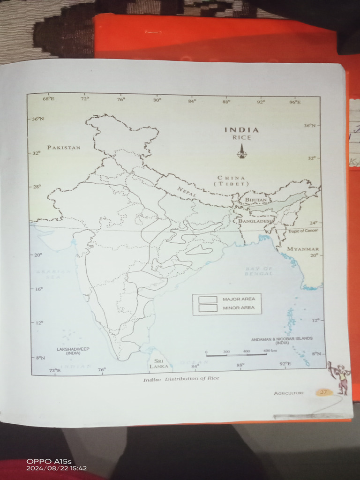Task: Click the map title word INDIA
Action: [x=241, y=130]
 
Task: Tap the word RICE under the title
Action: [x=241, y=138]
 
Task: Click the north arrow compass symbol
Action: [x=242, y=151]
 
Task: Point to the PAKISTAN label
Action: [x=64, y=147]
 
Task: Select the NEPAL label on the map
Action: [x=186, y=191]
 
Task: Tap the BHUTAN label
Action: [x=256, y=200]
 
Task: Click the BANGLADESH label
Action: [x=255, y=220]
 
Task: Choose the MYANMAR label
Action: [x=303, y=249]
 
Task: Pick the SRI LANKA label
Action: [x=158, y=363]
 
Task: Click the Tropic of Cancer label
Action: [x=302, y=231]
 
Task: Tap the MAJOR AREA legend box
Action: [x=208, y=299]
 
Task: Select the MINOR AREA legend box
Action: [x=208, y=308]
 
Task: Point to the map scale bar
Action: [x=236, y=355]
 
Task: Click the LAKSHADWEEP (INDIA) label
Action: [x=73, y=351]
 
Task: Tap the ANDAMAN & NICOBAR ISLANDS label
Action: [x=282, y=340]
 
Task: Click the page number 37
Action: [x=323, y=392]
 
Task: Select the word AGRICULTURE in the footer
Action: [x=289, y=393]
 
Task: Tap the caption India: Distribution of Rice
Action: [x=181, y=378]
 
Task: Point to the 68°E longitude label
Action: [x=48, y=99]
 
